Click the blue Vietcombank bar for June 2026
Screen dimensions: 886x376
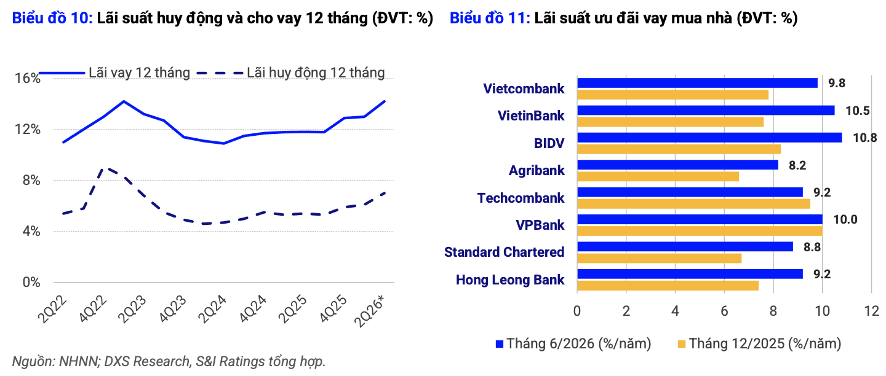(697, 83)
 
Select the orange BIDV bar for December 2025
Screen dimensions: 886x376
(679, 149)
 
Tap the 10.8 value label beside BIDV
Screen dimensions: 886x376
(864, 138)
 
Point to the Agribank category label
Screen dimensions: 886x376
(537, 171)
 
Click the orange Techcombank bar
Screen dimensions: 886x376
(694, 204)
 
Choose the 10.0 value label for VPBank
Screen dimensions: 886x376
(845, 219)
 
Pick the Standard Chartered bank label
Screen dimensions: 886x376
(504, 252)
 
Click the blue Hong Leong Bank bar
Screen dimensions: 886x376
(690, 274)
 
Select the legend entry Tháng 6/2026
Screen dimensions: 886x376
(573, 344)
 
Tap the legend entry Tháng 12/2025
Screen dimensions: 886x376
(759, 344)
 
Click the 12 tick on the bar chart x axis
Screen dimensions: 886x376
(871, 311)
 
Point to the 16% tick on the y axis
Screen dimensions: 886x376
(28, 78)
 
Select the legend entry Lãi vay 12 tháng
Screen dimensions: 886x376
(114, 73)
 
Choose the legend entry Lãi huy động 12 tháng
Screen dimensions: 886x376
(290, 73)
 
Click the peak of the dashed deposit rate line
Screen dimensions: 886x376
(105, 168)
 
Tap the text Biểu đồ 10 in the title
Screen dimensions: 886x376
(52, 18)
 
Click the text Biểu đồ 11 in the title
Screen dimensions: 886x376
(490, 18)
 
